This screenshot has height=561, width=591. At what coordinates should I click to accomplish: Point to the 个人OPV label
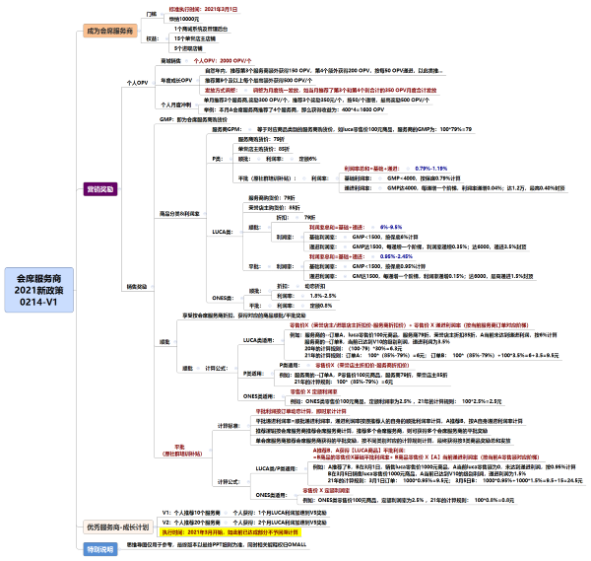(135, 83)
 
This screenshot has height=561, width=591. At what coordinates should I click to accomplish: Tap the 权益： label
(153, 38)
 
